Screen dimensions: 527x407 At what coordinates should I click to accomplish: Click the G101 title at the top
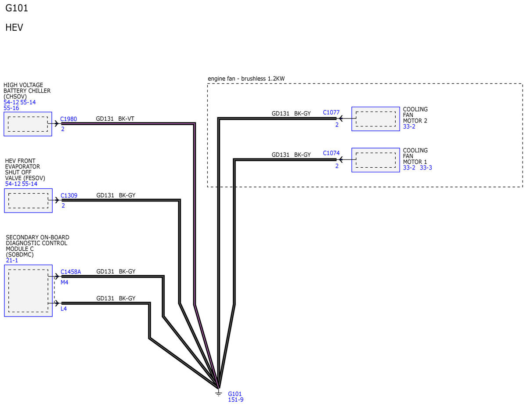click(17, 8)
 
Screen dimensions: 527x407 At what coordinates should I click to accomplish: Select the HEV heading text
click(14, 27)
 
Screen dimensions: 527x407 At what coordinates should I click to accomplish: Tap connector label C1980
click(69, 119)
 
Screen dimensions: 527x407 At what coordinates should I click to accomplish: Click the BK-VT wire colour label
click(126, 119)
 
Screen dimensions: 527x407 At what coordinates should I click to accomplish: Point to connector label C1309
click(69, 195)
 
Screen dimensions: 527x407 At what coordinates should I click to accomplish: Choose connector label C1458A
click(71, 272)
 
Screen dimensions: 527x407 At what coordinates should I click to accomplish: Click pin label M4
click(64, 282)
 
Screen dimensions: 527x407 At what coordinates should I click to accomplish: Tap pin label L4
click(64, 309)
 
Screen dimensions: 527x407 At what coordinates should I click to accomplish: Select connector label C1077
click(331, 112)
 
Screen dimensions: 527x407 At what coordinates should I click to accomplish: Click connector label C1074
click(331, 153)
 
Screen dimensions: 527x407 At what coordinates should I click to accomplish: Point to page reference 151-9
click(235, 400)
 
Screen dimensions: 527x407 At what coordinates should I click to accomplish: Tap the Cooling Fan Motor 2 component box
click(375, 119)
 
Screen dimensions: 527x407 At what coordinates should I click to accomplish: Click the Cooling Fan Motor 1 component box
click(375, 160)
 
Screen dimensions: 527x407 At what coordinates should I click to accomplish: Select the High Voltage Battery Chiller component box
click(28, 124)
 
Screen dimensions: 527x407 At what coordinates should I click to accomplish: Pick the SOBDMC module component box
click(28, 291)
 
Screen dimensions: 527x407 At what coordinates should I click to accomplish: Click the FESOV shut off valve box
click(28, 201)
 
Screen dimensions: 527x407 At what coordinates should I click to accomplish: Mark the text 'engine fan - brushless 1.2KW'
click(246, 79)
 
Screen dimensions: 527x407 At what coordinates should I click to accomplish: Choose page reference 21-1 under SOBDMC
click(12, 260)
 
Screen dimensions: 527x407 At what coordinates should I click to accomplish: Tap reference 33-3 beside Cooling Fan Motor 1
click(426, 168)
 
